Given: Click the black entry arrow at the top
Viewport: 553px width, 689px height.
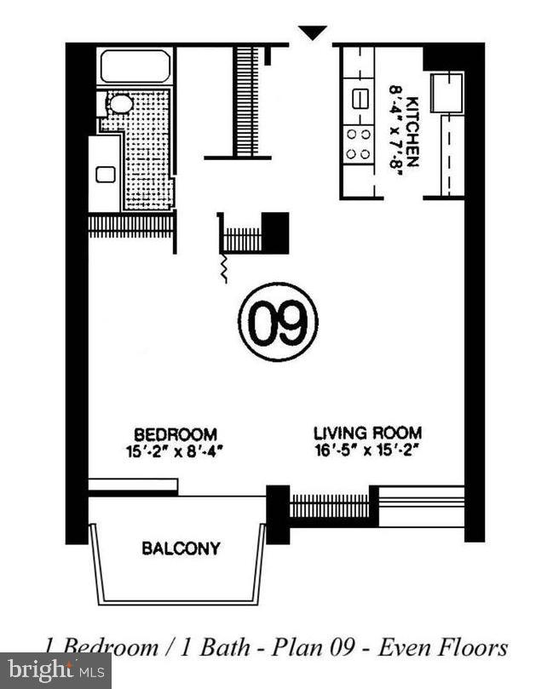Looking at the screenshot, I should point(313,32).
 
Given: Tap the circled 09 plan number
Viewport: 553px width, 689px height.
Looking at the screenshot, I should point(278,322).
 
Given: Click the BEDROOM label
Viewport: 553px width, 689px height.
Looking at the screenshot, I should point(174,433).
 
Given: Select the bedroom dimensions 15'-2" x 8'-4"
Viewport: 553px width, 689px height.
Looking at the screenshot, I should point(174,450).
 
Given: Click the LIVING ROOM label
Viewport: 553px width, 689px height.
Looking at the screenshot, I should point(367,433).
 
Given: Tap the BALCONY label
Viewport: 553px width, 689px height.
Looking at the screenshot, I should point(181,548).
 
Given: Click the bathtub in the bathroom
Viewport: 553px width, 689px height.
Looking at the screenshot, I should point(135,66).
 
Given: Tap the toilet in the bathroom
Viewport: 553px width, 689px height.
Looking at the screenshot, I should point(118,104).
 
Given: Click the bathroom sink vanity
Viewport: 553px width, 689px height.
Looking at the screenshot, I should point(105,174).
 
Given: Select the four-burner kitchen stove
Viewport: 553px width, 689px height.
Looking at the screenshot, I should point(359,144).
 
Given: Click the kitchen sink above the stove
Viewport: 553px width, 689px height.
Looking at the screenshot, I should point(359,97).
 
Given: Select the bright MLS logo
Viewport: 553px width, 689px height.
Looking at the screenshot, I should point(55,670).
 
